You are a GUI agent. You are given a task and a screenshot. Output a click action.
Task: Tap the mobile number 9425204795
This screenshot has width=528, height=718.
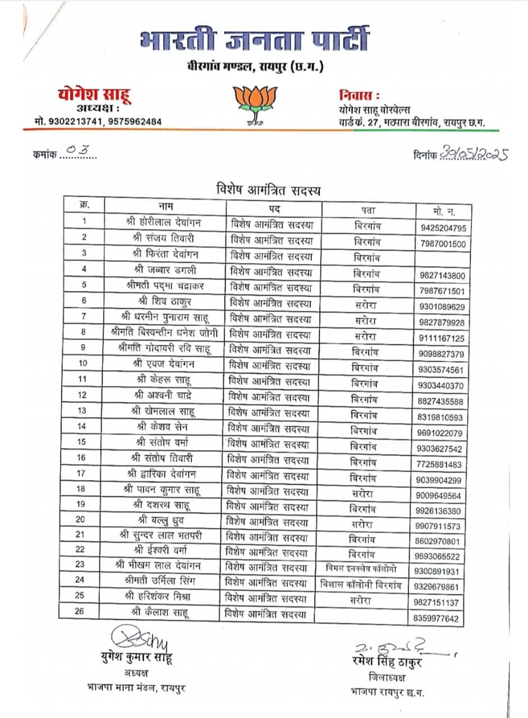coord(442,228)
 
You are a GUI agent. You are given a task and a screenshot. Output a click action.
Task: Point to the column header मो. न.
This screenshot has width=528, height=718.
coord(444,211)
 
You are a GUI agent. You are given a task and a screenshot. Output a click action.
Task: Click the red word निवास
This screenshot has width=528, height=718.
coord(359,94)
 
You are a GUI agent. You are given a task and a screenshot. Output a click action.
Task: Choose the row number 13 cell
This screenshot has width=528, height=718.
coord(82,411)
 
